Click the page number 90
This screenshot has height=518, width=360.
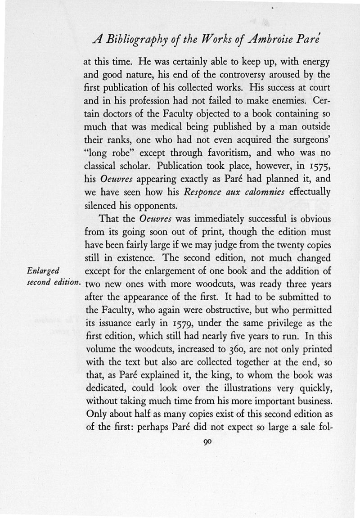point(207,443)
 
